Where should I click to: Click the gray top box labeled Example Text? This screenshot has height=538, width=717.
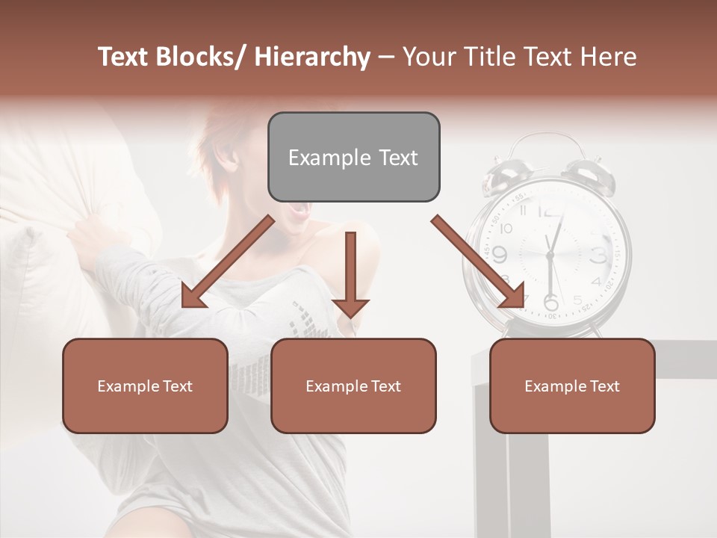click(x=353, y=157)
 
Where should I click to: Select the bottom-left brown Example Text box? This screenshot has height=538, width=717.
click(x=145, y=386)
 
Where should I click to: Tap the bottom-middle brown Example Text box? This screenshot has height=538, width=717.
click(x=353, y=386)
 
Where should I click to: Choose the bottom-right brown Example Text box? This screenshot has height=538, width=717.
click(x=572, y=386)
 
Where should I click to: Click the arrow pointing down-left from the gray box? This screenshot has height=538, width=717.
click(x=227, y=262)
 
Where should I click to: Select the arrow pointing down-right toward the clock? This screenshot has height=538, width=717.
click(x=478, y=262)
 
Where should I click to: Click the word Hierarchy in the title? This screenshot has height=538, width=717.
click(x=312, y=57)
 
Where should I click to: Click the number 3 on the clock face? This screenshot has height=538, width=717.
click(x=598, y=256)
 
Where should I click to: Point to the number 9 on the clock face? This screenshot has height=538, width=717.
click(x=498, y=255)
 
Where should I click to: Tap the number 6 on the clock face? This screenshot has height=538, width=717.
click(x=551, y=303)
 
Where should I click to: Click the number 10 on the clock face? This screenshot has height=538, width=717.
click(x=506, y=229)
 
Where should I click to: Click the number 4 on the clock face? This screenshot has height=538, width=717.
click(x=595, y=282)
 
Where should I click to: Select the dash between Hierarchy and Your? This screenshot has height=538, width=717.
click(x=386, y=57)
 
